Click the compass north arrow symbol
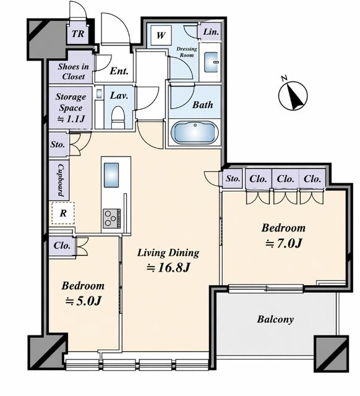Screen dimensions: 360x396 (x=293, y=95)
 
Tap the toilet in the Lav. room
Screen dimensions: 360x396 (x=118, y=117)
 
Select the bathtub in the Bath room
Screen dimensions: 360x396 (x=194, y=132)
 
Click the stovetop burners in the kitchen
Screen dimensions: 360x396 (x=111, y=218)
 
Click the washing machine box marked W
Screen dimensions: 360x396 (x=161, y=35)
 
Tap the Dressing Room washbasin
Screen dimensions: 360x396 (x=211, y=62)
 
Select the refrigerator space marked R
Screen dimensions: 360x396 (x=63, y=213)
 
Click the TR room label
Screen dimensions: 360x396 (x=78, y=33)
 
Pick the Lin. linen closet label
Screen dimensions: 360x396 (x=211, y=32)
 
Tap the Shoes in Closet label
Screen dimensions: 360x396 (x=73, y=72)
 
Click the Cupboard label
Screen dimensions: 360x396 (x=61, y=180)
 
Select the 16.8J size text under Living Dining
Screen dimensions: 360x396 (x=168, y=268)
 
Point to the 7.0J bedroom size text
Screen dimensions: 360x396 (x=283, y=243)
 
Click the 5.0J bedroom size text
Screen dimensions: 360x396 (x=84, y=301)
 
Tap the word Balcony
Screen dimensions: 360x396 (x=275, y=319)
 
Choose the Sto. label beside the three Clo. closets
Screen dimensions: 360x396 (x=233, y=179)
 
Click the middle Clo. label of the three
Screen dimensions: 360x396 (x=286, y=179)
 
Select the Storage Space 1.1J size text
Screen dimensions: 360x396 (x=71, y=119)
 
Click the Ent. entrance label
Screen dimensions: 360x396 (x=119, y=71)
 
